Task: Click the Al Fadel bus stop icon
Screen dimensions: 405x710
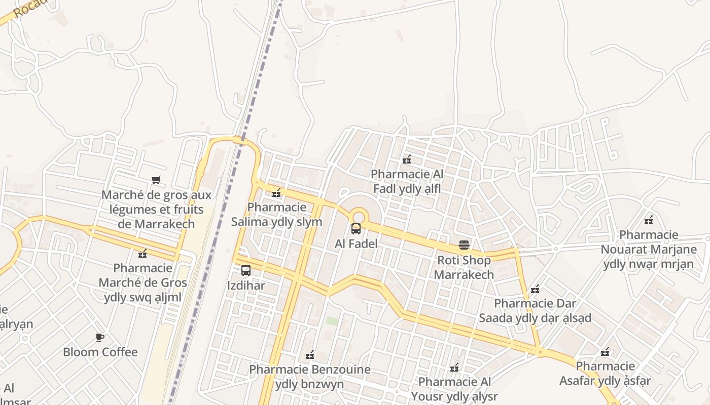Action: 356,229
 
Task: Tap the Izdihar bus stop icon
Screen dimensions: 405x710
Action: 246,270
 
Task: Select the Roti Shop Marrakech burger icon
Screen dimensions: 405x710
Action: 464,245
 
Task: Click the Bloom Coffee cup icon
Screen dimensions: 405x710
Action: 100,337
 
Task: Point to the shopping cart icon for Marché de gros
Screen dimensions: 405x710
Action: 156,180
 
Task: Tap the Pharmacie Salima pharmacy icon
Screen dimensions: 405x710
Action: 276,193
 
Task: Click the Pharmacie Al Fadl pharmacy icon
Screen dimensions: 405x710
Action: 407,160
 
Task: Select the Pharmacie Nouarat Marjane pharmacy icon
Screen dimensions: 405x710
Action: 648,220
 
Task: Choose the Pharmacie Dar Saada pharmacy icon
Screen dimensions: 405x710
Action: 535,290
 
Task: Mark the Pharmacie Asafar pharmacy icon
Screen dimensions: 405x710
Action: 605,352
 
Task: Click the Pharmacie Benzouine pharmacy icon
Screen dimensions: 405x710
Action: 310,355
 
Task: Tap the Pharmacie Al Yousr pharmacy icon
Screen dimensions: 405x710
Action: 454,367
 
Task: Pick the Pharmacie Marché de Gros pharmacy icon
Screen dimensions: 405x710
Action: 143,253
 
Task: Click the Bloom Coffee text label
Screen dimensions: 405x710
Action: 100,352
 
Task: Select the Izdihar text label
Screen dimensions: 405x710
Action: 246,286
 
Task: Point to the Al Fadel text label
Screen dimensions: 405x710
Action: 356,244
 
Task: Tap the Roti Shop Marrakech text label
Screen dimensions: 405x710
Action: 464,267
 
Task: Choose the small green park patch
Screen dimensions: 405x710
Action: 332,321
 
